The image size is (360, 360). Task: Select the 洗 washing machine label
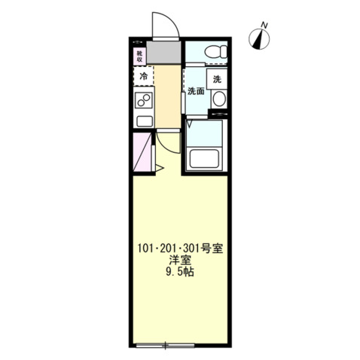(x=218, y=79)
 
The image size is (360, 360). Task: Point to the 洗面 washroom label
(x=195, y=92)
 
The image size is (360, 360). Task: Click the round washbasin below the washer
(x=218, y=99)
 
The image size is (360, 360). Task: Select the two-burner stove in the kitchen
(x=142, y=102)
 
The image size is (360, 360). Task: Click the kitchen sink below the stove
(x=142, y=121)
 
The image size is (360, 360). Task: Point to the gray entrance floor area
(x=164, y=54)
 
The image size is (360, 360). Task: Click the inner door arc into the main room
(x=166, y=147)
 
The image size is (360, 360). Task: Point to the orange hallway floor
(x=167, y=94)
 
